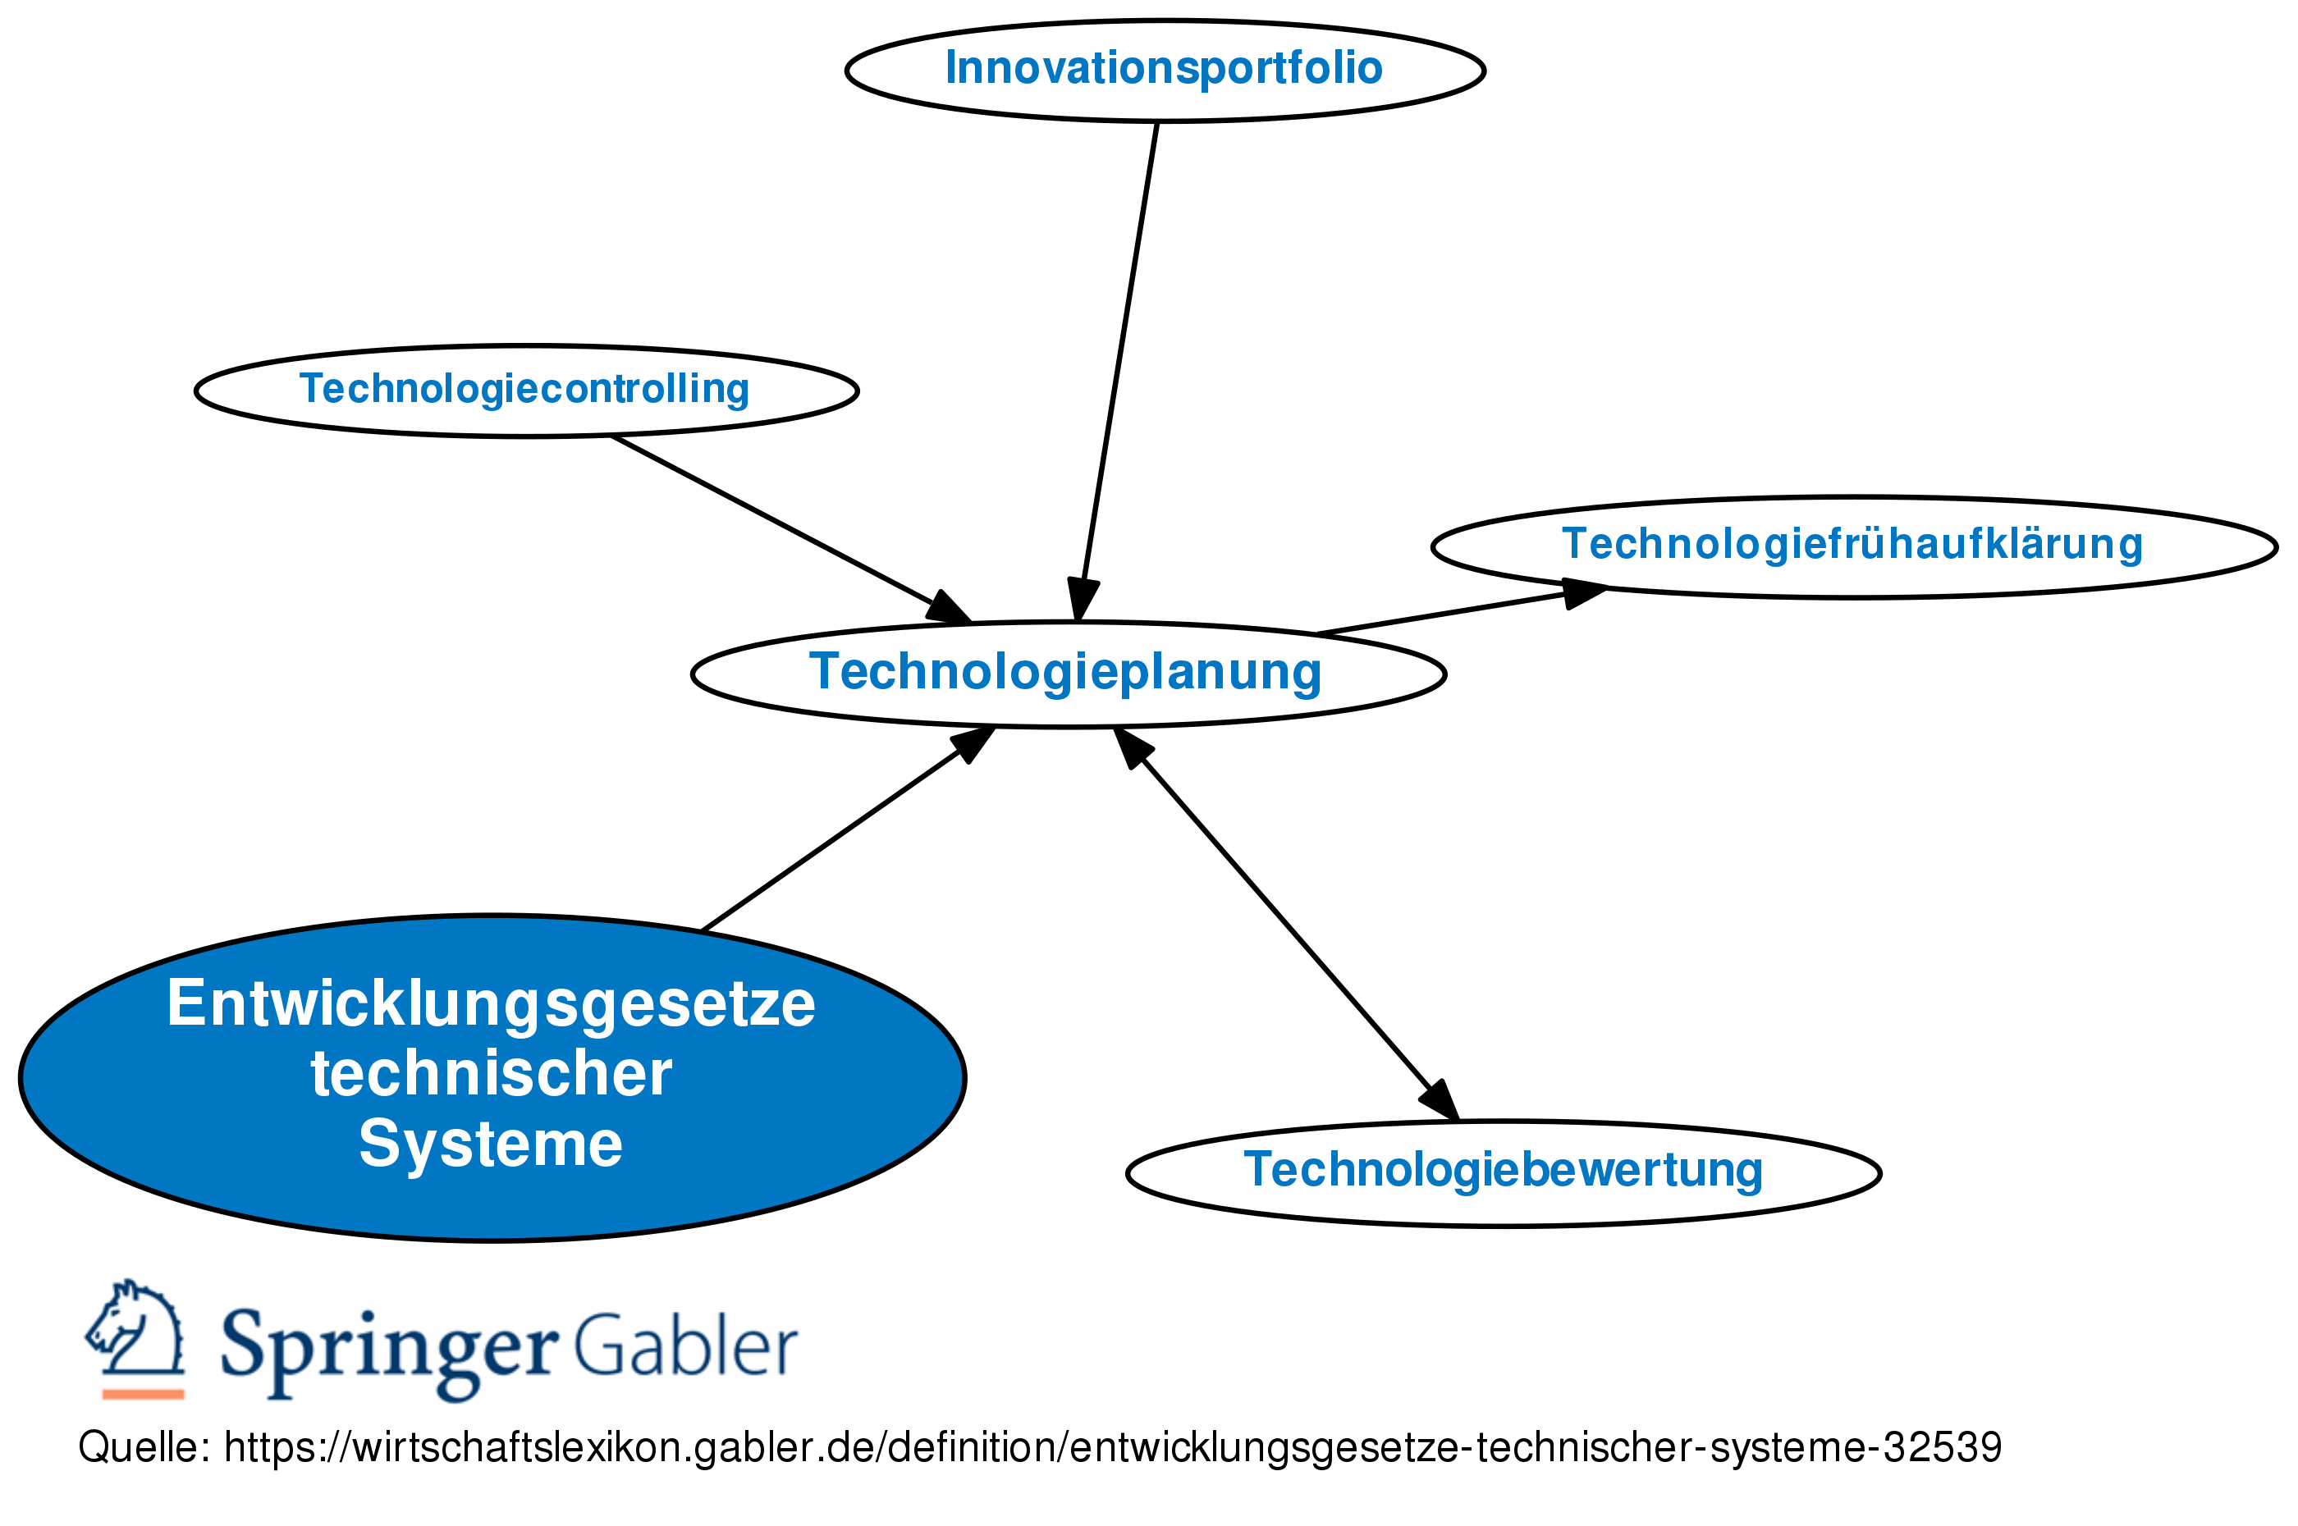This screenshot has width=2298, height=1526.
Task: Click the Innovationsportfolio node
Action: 1163,69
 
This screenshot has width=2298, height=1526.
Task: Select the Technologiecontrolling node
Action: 524,389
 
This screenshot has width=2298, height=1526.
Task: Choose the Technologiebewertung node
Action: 1502,1171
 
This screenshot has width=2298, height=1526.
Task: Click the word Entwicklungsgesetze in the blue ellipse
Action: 491,1004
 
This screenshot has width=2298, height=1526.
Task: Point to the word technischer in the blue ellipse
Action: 491,1075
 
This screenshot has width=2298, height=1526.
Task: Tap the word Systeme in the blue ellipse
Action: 491,1144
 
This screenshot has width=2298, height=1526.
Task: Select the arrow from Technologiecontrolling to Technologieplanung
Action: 779,523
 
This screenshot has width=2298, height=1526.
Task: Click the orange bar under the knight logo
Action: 143,1394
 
